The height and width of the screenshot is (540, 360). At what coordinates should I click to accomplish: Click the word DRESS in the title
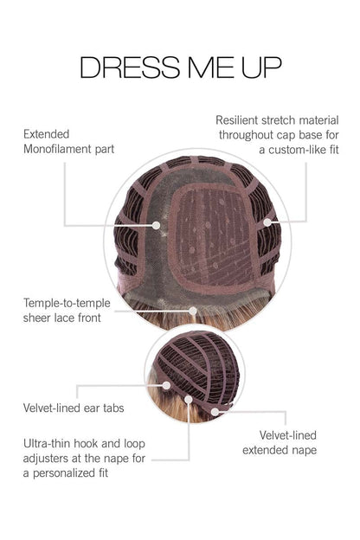[130, 67]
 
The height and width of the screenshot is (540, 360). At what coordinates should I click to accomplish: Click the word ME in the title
[210, 67]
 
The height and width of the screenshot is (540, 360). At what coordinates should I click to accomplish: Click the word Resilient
[236, 120]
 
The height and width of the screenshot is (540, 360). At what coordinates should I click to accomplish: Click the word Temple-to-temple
[67, 304]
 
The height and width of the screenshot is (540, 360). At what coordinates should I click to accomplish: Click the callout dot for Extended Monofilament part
[156, 226]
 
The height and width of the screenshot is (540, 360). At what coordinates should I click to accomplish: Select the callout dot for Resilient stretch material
[267, 222]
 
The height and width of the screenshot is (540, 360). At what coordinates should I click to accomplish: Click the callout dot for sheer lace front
[193, 311]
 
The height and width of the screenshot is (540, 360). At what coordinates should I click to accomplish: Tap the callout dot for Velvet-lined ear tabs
[166, 385]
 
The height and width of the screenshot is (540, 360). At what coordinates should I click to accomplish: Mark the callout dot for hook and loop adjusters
[189, 400]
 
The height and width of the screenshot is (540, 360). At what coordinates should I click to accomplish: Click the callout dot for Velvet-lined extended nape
[215, 412]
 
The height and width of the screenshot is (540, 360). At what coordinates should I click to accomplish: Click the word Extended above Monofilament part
[46, 134]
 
